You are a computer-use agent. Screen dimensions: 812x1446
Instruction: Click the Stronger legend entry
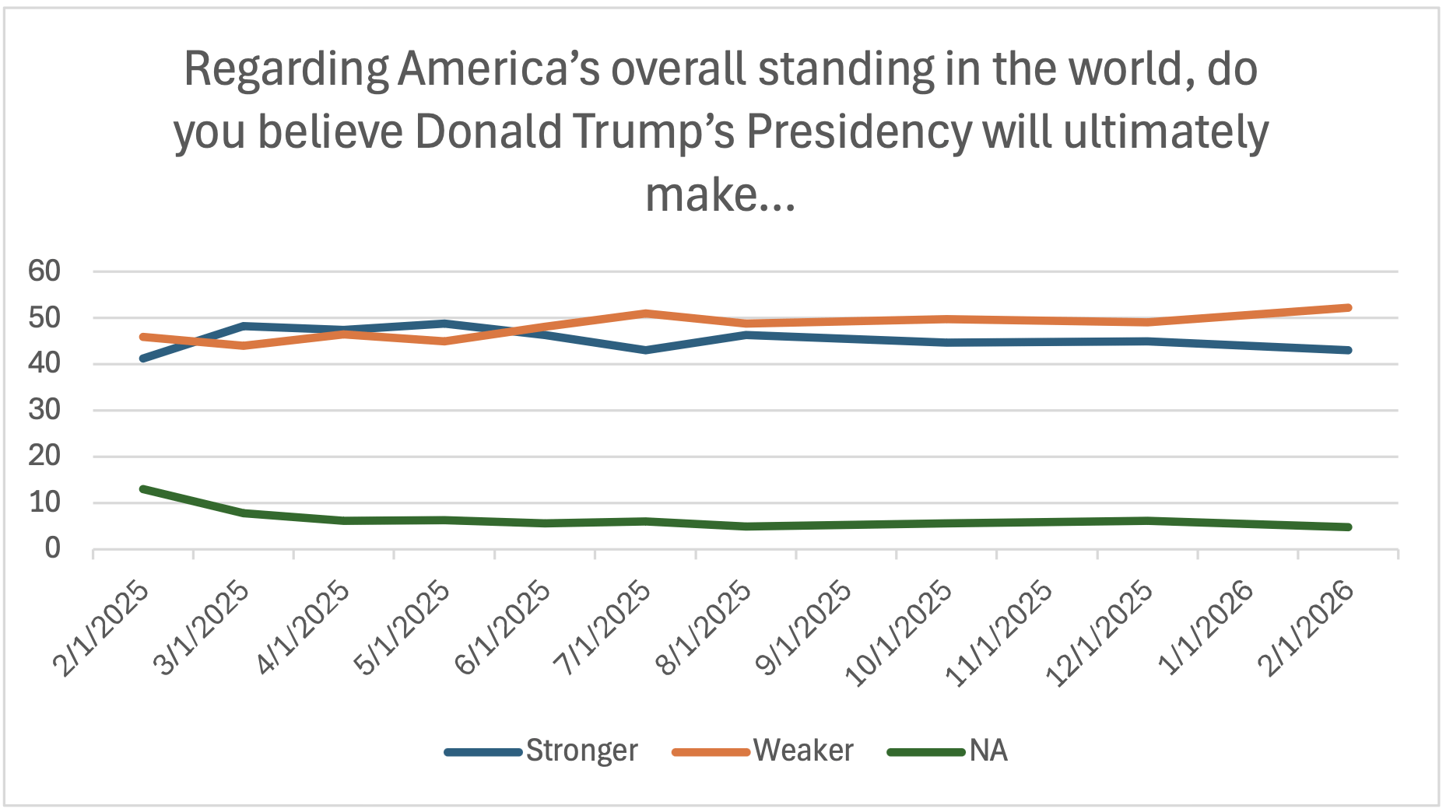coord(581,751)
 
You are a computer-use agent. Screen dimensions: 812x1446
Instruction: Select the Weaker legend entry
coord(802,751)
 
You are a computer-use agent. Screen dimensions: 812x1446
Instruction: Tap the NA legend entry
coord(988,751)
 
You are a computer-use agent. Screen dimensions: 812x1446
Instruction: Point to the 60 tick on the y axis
coord(44,271)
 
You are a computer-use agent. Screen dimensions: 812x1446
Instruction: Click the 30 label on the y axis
coord(44,410)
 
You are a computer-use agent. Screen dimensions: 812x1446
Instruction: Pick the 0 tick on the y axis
coord(52,549)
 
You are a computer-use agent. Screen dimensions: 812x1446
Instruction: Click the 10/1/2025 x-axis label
coord(899,634)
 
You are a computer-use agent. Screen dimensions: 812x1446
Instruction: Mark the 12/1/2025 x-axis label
coord(1099,634)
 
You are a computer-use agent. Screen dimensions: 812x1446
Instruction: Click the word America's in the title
coord(499,70)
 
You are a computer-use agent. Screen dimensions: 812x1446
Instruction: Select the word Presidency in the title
coord(859,132)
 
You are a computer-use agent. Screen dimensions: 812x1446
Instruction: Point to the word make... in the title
coord(721,194)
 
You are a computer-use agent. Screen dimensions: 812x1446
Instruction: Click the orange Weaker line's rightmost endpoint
coord(1348,308)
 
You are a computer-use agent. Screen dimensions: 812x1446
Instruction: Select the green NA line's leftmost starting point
coord(143,489)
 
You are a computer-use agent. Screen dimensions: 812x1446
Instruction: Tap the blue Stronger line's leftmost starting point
coord(143,359)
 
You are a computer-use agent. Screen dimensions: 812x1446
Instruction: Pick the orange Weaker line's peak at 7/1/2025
coord(645,313)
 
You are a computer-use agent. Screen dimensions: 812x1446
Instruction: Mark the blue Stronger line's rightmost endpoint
coord(1348,350)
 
